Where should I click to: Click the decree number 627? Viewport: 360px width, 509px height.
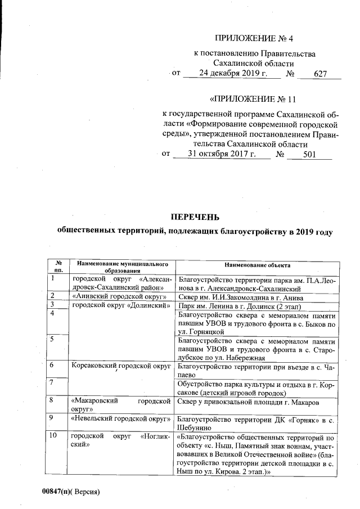click(x=320, y=74)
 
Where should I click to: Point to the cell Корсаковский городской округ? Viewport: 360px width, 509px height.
click(x=121, y=366)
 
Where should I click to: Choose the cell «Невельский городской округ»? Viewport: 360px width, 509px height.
click(x=120, y=419)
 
